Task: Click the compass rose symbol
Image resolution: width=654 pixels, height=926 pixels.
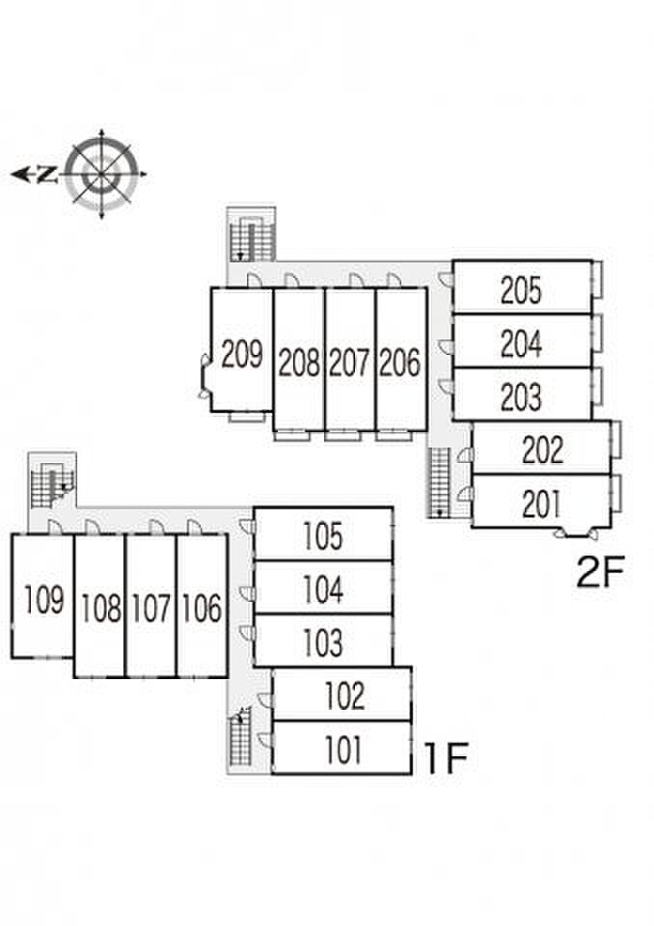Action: tap(102, 174)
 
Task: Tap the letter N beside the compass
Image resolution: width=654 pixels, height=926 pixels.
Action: tap(46, 175)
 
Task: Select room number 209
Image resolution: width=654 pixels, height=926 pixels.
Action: tap(241, 354)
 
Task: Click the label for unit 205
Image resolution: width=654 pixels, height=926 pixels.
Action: tap(521, 290)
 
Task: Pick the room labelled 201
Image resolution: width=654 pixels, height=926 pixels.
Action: tap(542, 504)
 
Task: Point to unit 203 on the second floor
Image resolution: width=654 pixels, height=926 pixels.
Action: tap(521, 396)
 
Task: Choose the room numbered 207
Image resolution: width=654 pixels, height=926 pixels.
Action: tap(349, 363)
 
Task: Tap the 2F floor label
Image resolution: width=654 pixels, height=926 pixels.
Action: tap(600, 572)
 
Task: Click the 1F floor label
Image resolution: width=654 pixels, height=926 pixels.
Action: tap(446, 758)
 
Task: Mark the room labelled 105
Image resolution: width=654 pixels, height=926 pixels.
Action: tap(322, 535)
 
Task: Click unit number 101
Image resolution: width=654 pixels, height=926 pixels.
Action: tap(342, 749)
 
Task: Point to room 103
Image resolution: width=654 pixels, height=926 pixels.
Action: tap(322, 642)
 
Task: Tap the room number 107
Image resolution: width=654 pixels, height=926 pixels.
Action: tap(151, 609)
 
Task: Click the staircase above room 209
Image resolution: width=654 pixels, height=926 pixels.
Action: tap(252, 236)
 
